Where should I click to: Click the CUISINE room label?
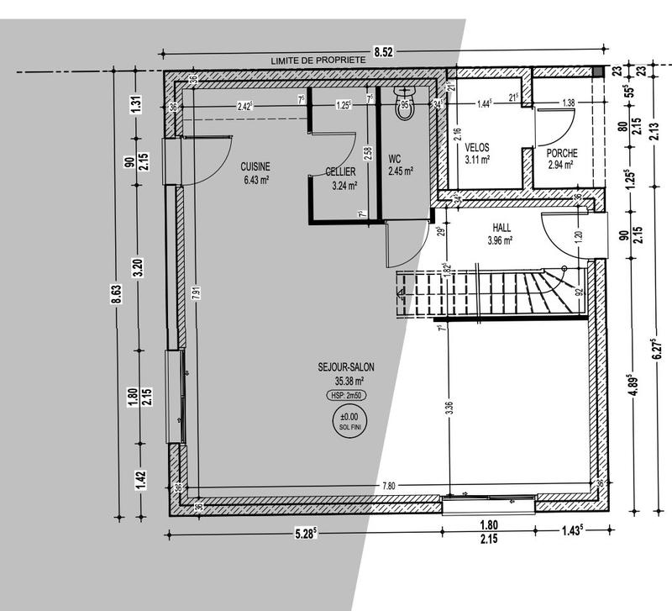click(255, 166)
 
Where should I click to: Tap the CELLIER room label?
click(341, 172)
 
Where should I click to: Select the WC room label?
click(395, 158)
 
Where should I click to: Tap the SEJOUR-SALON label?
click(346, 366)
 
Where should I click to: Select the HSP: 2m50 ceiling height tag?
click(346, 394)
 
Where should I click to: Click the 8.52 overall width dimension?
click(383, 52)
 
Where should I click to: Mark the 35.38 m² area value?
click(346, 379)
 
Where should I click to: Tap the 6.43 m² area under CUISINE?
click(255, 179)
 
